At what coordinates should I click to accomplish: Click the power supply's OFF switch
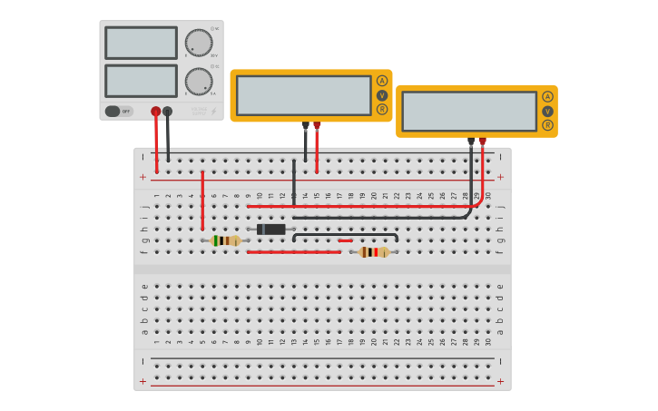tap(113, 111)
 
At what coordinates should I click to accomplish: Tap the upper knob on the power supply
tap(198, 43)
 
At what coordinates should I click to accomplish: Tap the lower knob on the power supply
tap(198, 82)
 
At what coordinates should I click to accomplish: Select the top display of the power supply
tap(141, 43)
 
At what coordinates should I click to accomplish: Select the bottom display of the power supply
tap(141, 81)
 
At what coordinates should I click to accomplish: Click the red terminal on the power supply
tap(156, 111)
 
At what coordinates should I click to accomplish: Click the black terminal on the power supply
tap(168, 111)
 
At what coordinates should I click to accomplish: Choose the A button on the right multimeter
tap(547, 96)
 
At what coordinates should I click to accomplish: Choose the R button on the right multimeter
tap(547, 124)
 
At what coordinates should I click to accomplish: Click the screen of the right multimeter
tap(469, 111)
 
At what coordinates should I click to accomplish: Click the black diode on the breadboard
tap(271, 230)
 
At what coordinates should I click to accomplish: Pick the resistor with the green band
tap(225, 240)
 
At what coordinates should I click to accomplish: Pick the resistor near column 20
tap(373, 252)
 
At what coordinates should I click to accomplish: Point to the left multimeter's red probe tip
tap(317, 126)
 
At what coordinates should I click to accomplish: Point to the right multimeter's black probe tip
tap(471, 142)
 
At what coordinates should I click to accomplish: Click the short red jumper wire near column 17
tap(345, 240)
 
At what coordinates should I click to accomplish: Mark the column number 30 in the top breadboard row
tap(487, 195)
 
